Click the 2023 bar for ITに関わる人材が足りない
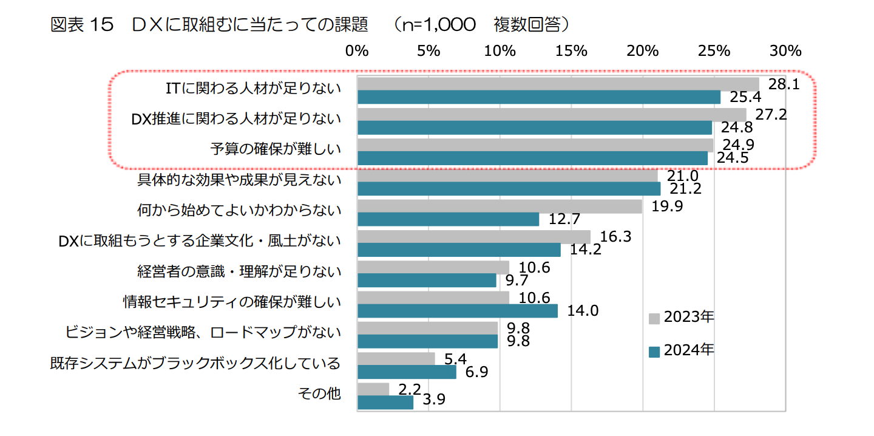coord(558,84)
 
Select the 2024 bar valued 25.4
coord(539,97)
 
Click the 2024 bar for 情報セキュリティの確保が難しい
coord(458,311)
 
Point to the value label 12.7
coord(564,219)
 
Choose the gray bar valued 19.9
coord(500,206)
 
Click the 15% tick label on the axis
coord(572,51)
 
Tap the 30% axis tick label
coord(786,51)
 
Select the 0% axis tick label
coord(357,51)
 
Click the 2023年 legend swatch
coord(654,318)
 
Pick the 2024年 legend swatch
coord(654,351)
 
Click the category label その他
coord(320,393)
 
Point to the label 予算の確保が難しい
coord(276,149)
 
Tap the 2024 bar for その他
coord(385,402)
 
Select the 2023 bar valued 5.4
coord(396,359)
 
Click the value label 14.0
coord(583,311)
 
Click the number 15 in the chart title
coord(102,24)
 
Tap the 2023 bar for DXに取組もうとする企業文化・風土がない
coord(474,237)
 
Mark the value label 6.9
coord(476,372)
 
